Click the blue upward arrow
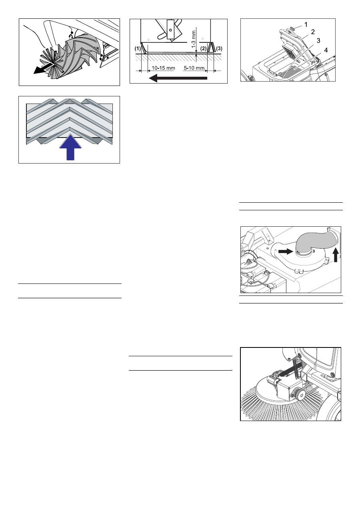coord(70,147)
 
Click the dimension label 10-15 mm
coord(163,68)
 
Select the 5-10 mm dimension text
coord(194,68)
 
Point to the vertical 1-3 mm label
coord(194,39)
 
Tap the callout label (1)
coord(138,48)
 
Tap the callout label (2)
coord(203,48)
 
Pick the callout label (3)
coord(219,48)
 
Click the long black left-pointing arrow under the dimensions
coord(178,78)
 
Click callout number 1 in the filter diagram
coord(306,24)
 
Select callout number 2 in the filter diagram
coord(313,32)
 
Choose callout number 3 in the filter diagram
coord(318,40)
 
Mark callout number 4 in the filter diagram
coord(326,50)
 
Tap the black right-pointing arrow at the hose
coord(286,252)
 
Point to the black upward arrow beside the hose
coord(336,255)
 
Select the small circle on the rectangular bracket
coord(170,30)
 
